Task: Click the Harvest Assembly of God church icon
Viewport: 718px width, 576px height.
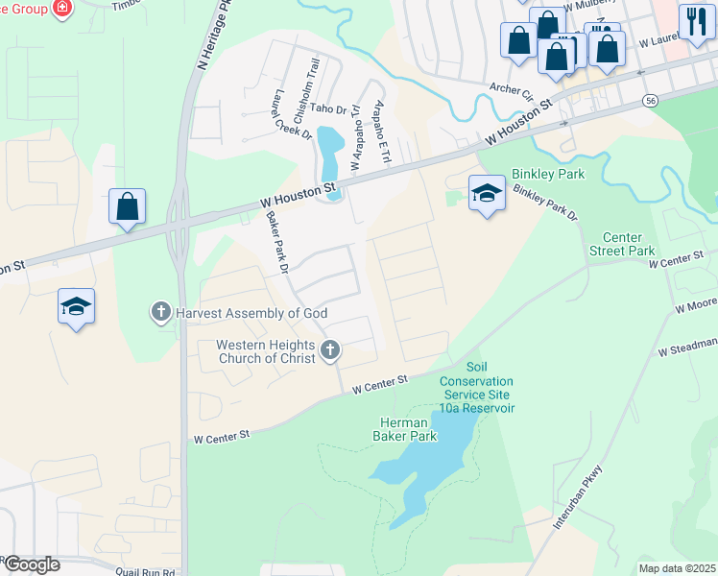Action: tap(161, 312)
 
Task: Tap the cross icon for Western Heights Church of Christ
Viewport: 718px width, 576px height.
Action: tap(330, 351)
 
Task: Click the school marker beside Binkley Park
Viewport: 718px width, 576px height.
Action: tap(487, 194)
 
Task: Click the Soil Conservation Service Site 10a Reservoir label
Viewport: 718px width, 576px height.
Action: tap(477, 388)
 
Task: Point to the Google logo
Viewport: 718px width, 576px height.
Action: tap(31, 564)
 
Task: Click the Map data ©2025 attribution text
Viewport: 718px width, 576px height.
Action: tap(677, 567)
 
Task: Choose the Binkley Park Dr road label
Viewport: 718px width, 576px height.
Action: tap(545, 203)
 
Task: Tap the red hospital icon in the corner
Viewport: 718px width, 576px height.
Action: tap(63, 9)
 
